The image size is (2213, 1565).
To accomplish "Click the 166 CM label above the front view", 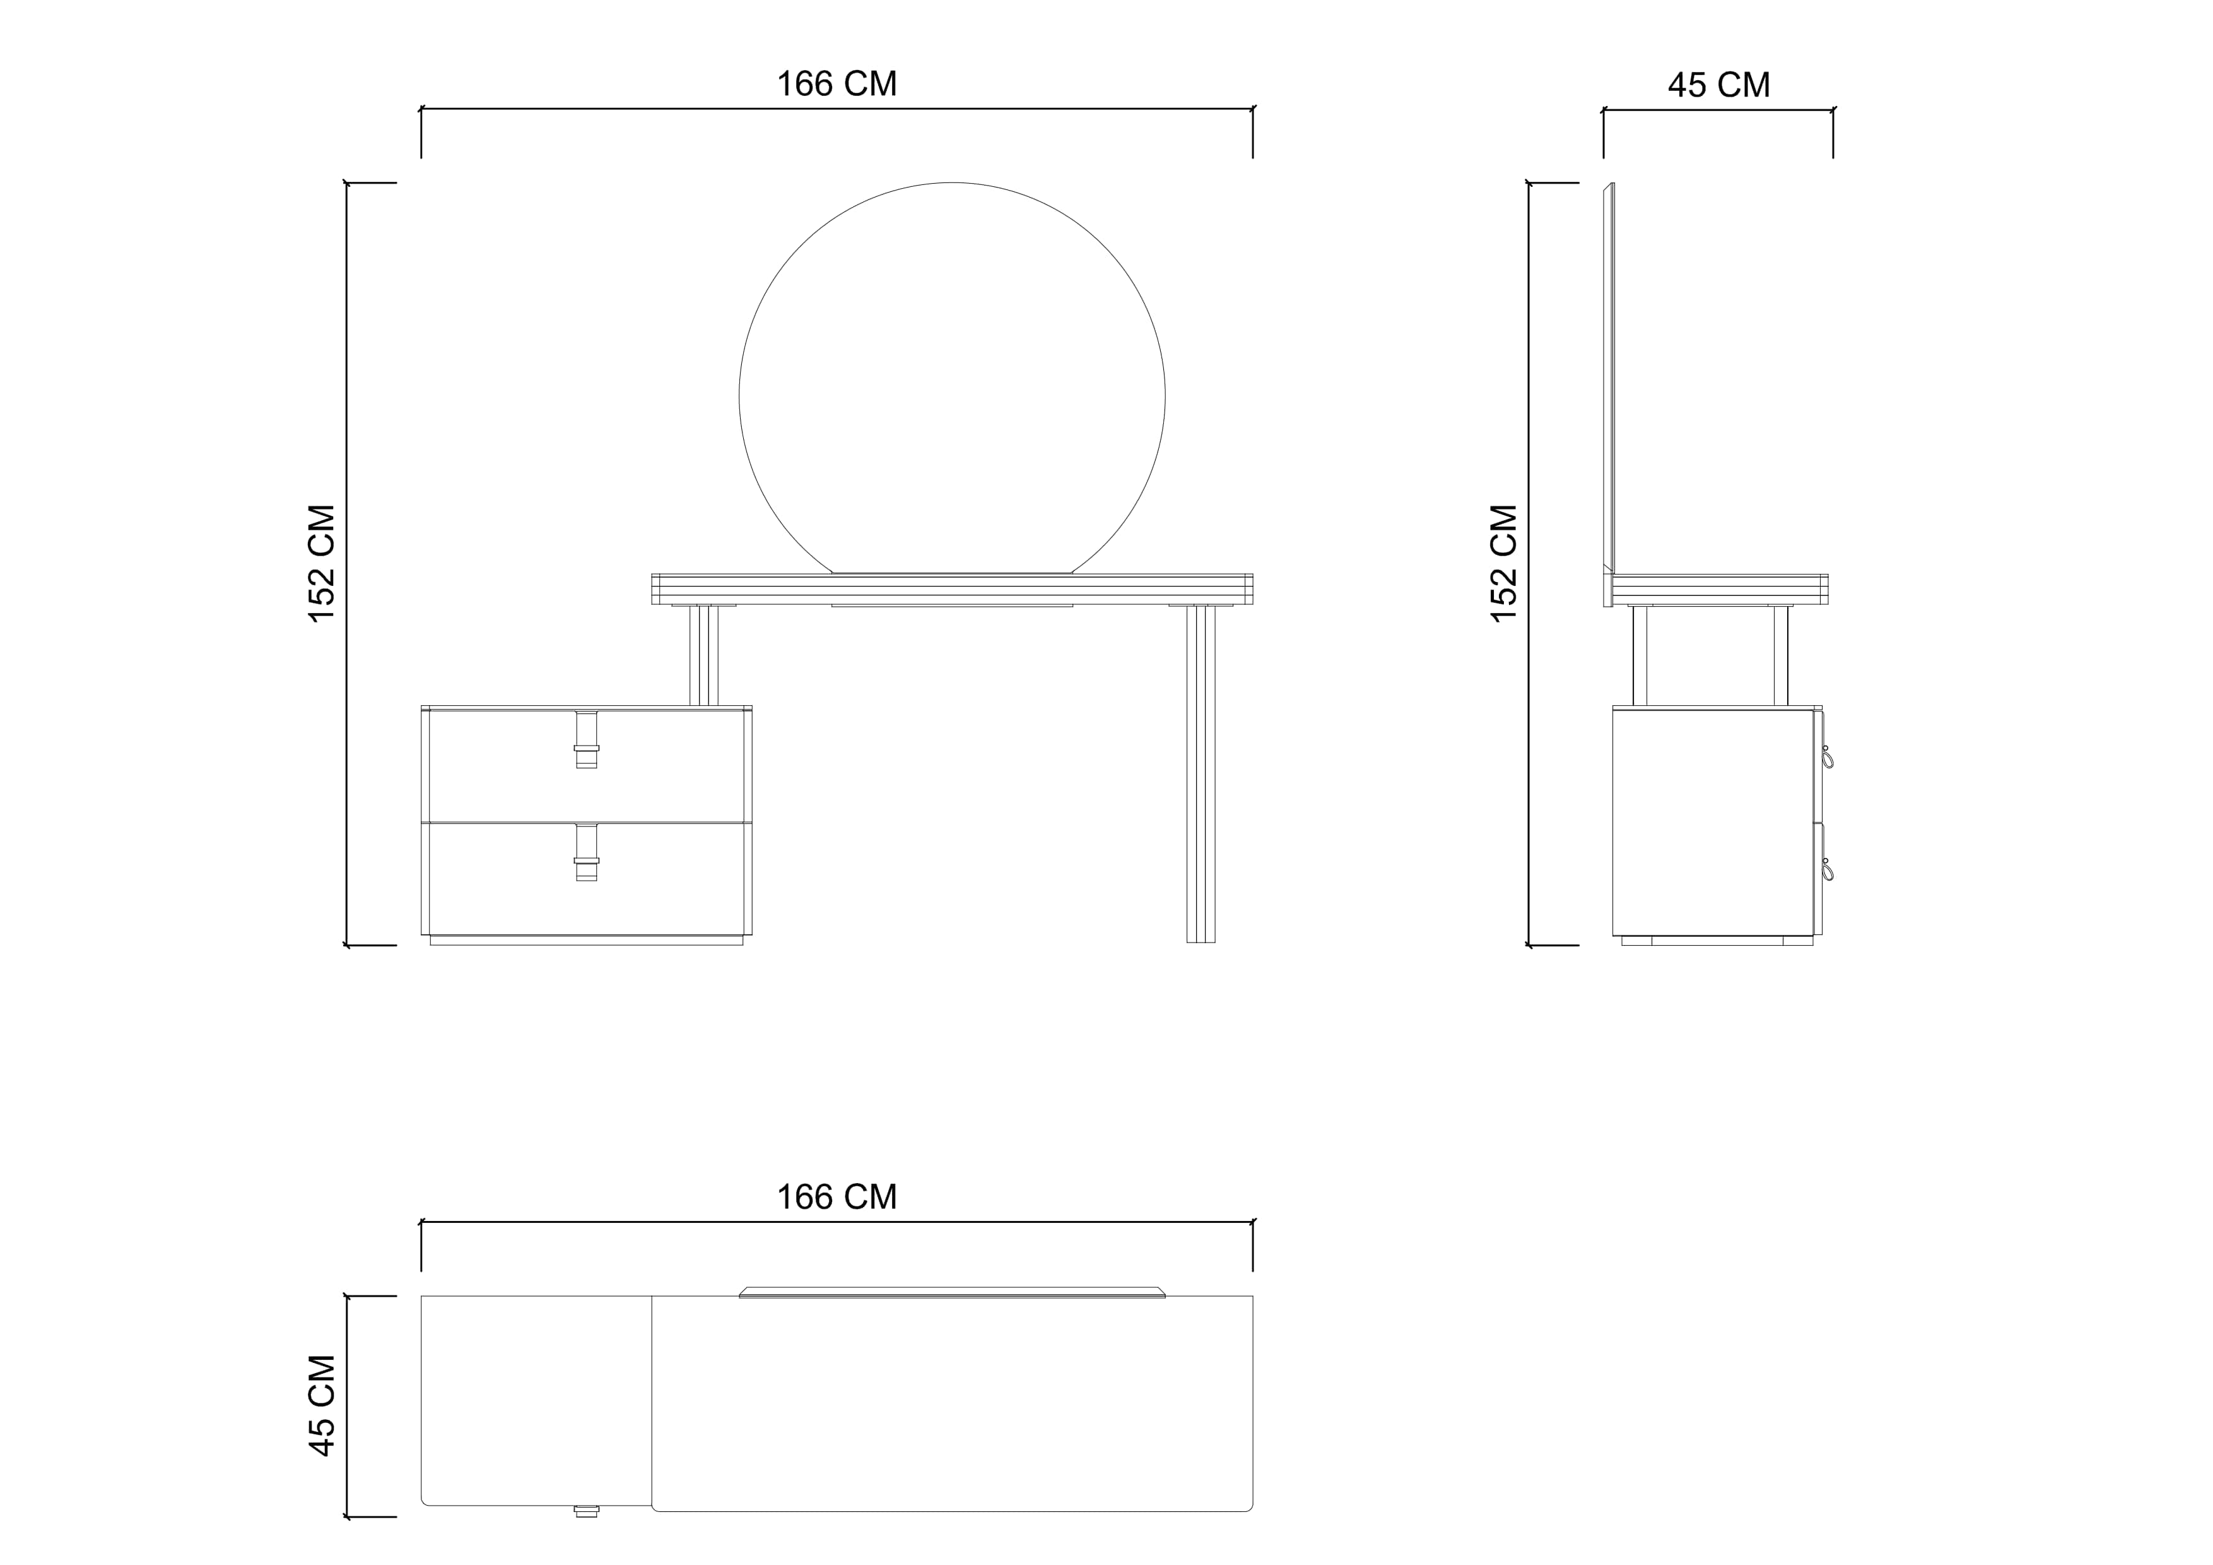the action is coord(836,85).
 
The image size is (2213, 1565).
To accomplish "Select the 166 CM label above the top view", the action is coord(836,1197).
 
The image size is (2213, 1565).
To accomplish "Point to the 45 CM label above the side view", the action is coord(1718,85).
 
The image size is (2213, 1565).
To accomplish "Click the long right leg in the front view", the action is coord(1201,775).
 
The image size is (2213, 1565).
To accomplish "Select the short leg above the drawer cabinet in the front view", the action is coord(703,656).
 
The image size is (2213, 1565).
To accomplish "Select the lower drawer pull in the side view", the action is coord(1826,870).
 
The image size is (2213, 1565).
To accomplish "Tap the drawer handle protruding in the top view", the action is coord(586,1511).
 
